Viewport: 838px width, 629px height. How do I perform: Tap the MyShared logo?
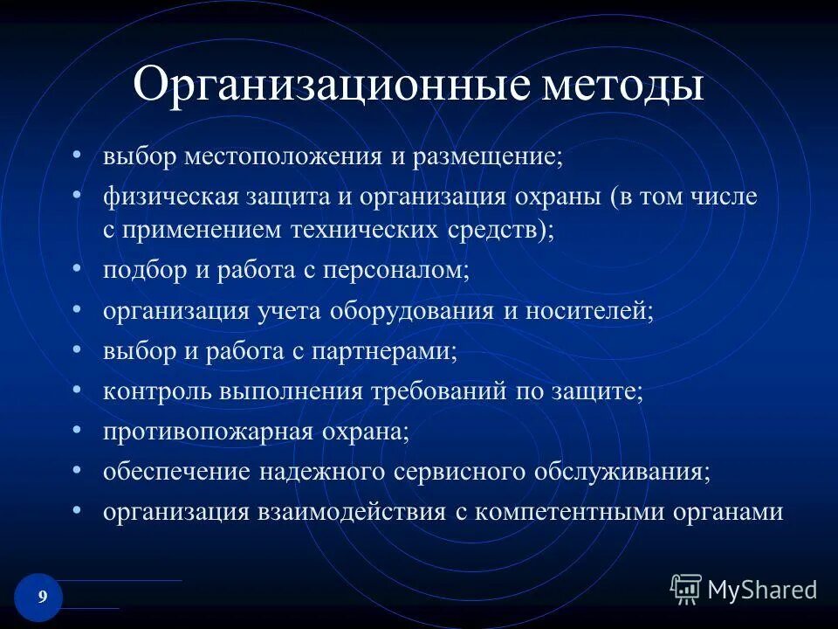click(x=744, y=590)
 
